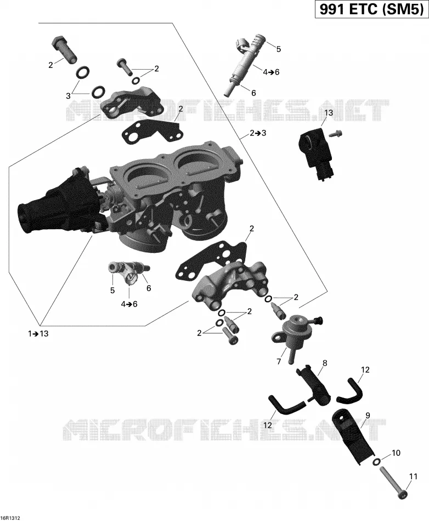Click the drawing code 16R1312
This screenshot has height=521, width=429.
click(x=10, y=518)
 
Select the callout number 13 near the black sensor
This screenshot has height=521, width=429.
click(x=328, y=113)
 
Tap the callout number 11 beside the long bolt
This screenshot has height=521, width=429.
click(x=413, y=477)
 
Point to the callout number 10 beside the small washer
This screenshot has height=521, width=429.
click(x=396, y=453)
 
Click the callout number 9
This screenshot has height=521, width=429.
click(x=368, y=415)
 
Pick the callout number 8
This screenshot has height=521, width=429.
click(x=325, y=363)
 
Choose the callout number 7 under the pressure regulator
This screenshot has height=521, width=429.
click(x=279, y=361)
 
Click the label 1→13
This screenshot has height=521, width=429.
click(x=38, y=333)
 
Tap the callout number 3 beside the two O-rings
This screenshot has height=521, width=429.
click(x=68, y=96)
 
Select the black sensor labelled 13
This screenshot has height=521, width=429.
click(x=317, y=154)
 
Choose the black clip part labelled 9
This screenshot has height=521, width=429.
click(x=353, y=431)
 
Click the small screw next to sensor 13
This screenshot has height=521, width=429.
click(x=336, y=134)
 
